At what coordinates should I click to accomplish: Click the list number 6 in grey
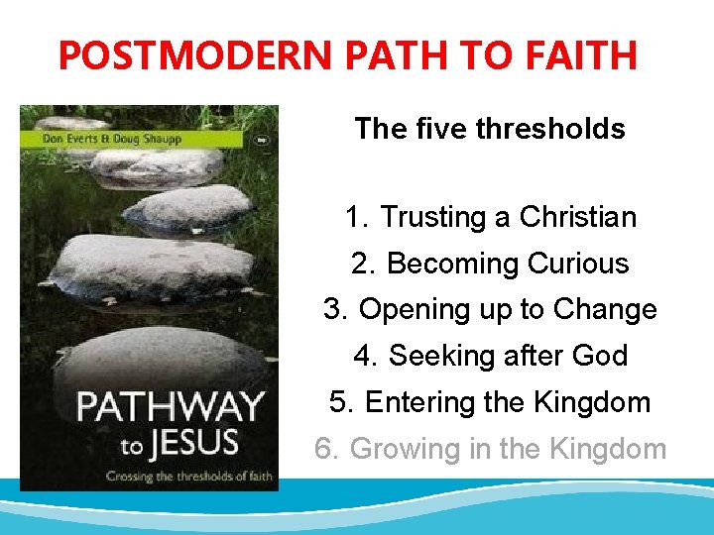(x=325, y=449)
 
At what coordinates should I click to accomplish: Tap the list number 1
(x=355, y=217)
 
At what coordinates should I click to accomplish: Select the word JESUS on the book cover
(x=187, y=441)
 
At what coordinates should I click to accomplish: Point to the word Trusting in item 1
(x=425, y=217)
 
